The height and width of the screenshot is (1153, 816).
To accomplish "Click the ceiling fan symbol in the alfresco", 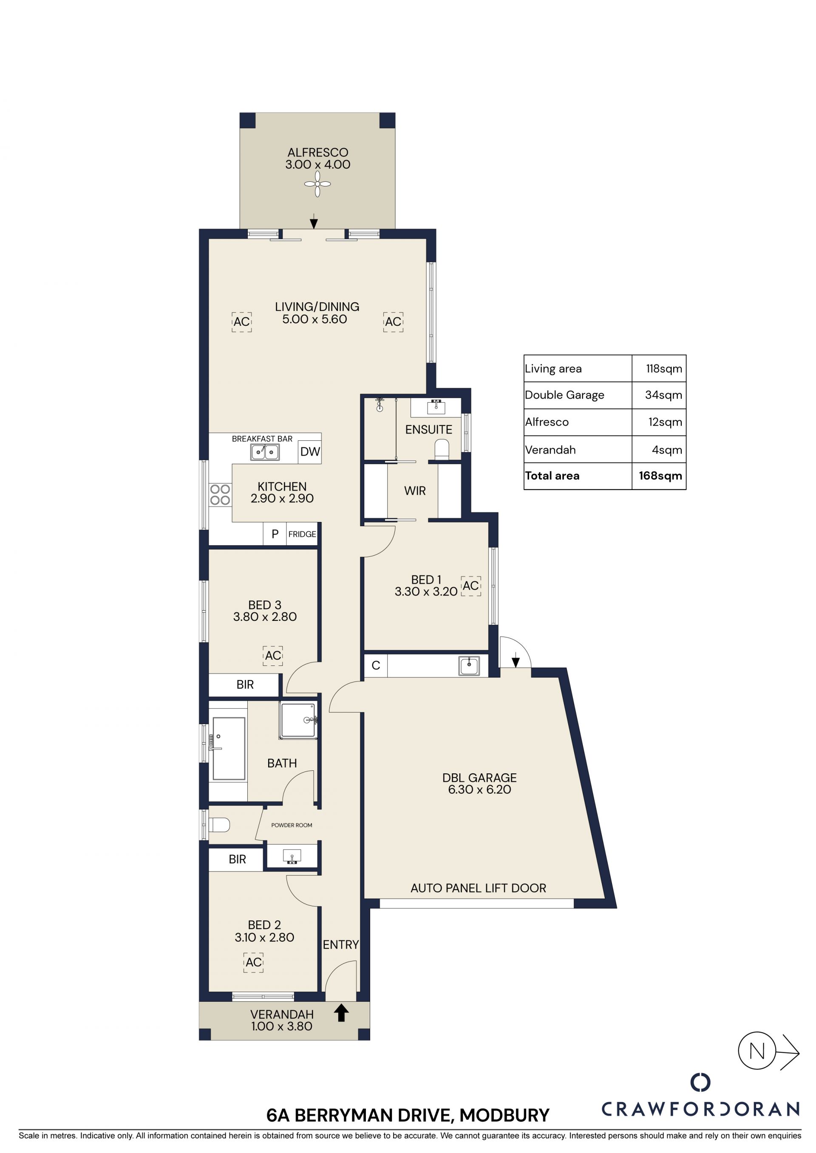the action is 317,184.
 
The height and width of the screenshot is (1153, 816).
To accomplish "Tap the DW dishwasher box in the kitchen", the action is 309,451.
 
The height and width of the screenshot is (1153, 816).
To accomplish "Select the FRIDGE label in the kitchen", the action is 302,534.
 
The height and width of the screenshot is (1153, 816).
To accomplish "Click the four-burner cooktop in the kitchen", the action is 220,494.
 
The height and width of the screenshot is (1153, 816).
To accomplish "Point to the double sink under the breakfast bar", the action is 265,452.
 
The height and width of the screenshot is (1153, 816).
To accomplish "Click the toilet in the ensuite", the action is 442,449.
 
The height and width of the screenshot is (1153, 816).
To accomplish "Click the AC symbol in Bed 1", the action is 471,586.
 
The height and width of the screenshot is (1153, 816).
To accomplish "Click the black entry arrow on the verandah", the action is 342,1012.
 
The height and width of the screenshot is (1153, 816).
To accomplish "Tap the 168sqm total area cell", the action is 660,476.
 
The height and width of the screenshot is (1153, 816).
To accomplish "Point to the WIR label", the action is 415,491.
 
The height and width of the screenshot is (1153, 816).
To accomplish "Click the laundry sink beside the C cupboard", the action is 469,666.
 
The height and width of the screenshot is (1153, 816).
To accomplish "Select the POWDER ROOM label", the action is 292,825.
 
